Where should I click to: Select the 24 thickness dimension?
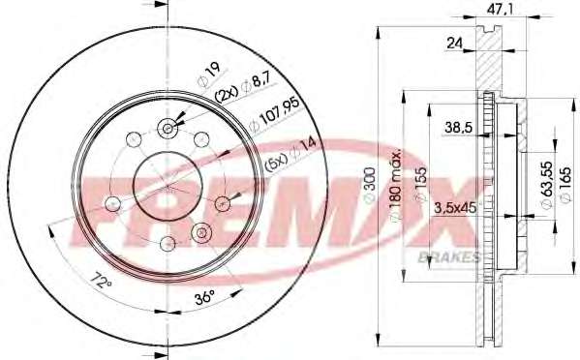[454, 44]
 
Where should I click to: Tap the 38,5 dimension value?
[459, 128]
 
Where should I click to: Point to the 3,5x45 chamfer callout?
[454, 208]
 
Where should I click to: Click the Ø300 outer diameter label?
[370, 185]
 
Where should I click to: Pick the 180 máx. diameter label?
[396, 185]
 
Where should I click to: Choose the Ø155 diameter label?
[421, 185]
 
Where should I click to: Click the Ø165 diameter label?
[565, 185]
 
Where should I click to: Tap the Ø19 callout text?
[209, 75]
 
